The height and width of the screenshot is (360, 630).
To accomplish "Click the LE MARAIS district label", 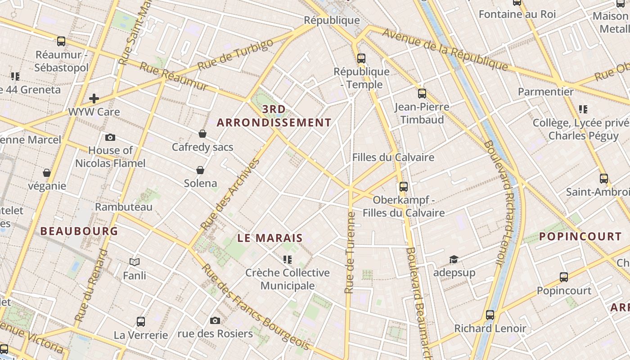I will point(270,238).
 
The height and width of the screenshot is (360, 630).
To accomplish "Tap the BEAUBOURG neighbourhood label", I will point(79,231).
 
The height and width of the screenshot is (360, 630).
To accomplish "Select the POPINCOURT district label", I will point(580,237).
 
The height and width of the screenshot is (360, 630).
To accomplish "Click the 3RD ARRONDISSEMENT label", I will point(274,116).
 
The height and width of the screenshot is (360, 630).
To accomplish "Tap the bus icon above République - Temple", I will point(361,58).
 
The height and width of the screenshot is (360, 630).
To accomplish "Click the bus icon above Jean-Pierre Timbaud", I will point(422,94).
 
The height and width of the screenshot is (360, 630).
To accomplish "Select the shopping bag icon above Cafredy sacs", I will point(202,134).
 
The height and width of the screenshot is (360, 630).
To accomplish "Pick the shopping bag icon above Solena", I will point(200,170).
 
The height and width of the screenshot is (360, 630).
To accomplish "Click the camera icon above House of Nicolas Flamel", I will point(110,137).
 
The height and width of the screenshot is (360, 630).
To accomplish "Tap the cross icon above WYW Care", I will point(94,98).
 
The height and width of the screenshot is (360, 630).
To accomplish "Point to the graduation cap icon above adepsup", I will point(454,260).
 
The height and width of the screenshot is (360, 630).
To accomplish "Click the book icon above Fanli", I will point(135,262).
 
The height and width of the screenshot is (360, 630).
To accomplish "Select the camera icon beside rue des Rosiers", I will point(215,320).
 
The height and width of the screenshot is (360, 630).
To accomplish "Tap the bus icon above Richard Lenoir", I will point(490,315).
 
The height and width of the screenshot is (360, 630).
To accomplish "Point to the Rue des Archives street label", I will point(230,195).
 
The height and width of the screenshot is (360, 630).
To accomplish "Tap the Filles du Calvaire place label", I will point(393,157).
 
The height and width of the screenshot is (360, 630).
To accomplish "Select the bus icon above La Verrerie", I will point(141,322).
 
